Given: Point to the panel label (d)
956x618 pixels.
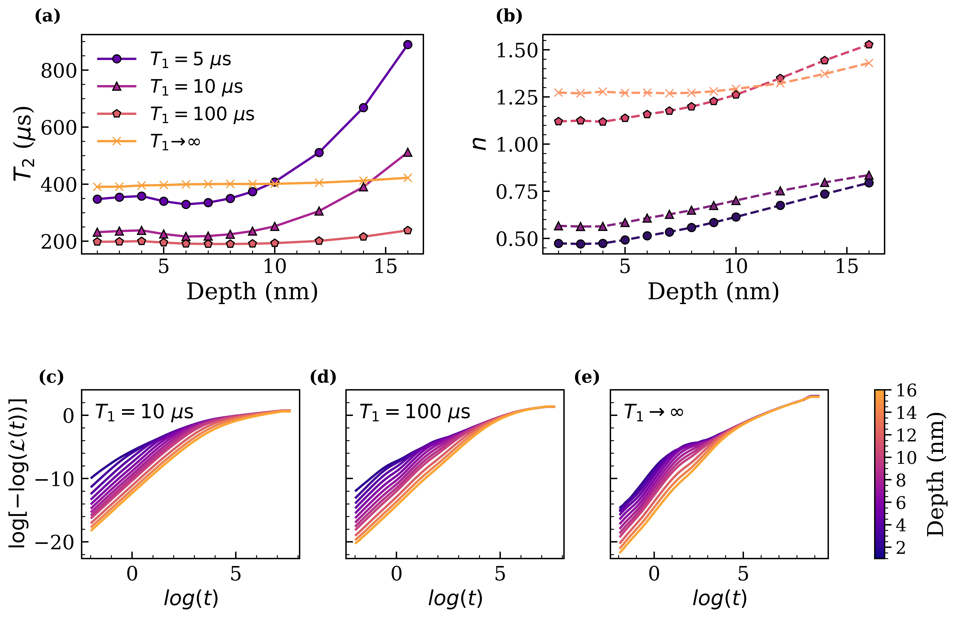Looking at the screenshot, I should pyautogui.click(x=323, y=377).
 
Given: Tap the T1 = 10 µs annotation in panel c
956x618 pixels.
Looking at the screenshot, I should pyautogui.click(x=144, y=412).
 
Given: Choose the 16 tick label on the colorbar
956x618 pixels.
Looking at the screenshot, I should pyautogui.click(x=906, y=391).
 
